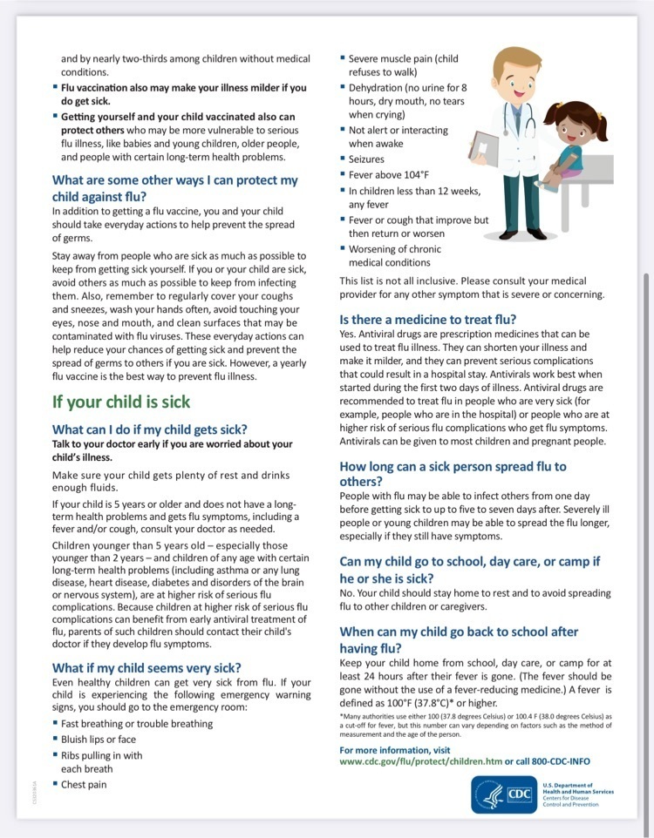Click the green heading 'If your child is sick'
[121, 402]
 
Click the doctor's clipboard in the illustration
[487, 149]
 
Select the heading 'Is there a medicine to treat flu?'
[427, 319]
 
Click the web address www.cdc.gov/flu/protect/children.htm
[420, 761]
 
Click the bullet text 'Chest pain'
[84, 784]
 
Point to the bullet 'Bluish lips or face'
[99, 740]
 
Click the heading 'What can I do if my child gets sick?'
[150, 429]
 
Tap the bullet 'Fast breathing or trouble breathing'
[137, 724]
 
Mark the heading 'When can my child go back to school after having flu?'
[459, 639]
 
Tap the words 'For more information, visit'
[395, 750]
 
